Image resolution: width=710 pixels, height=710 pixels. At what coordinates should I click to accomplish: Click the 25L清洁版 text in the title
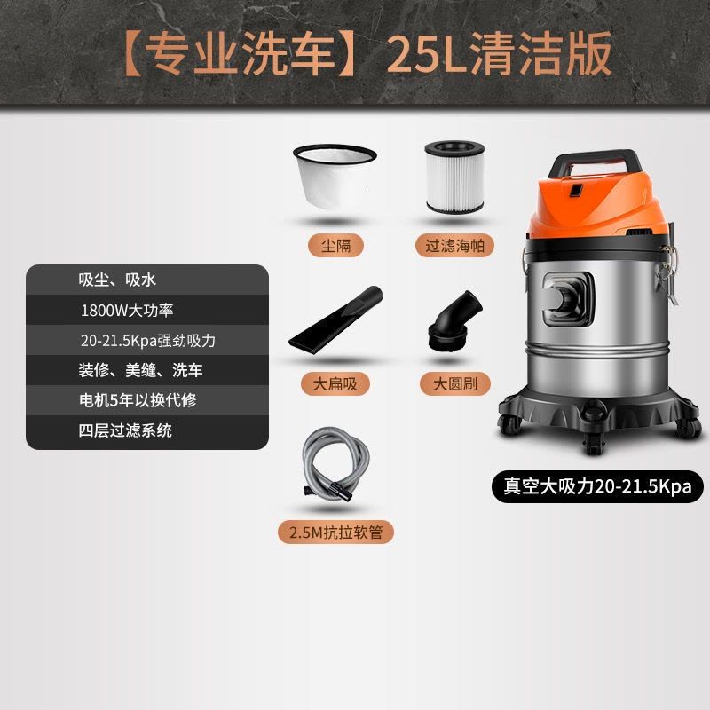499,54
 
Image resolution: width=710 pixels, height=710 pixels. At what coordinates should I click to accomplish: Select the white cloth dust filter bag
335,176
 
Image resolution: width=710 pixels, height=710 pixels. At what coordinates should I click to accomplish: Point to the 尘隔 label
336,246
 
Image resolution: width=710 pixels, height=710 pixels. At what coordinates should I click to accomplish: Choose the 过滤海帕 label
454,246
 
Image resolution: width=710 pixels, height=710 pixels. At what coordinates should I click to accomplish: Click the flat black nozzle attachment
335,319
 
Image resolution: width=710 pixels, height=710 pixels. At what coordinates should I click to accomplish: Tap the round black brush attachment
454,321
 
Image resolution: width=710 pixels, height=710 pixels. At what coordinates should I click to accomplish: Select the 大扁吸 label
335,384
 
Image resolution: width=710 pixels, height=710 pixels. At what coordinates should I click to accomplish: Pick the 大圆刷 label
455,384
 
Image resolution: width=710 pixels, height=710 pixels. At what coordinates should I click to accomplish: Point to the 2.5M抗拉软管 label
336,532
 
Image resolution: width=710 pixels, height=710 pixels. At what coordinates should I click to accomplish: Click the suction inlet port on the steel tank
568,299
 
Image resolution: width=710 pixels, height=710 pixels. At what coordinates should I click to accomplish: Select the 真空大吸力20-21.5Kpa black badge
597,486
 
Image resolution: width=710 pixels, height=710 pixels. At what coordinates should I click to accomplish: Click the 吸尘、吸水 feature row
147,280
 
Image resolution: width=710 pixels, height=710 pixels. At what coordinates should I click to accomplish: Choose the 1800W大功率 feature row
147,310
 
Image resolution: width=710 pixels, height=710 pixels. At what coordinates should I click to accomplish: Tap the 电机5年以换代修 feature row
147,400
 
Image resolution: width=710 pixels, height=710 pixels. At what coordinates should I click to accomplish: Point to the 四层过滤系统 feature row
147,431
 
